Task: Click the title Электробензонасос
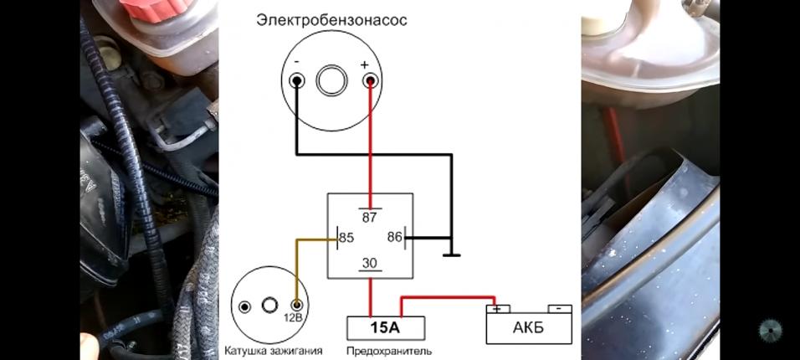(x=332, y=20)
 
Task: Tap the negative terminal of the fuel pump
(x=296, y=81)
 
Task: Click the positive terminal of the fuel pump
(x=369, y=81)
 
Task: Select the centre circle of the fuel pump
(x=332, y=81)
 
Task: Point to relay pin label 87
(x=370, y=216)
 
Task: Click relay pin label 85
(x=346, y=238)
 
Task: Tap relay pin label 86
(x=395, y=238)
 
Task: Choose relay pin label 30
(x=370, y=265)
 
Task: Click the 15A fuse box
(x=386, y=327)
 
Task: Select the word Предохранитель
(x=389, y=351)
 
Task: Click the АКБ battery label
(x=528, y=327)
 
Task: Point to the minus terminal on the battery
(x=558, y=308)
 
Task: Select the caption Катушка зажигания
(x=273, y=351)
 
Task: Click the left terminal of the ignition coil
(x=244, y=306)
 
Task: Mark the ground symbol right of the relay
(x=451, y=255)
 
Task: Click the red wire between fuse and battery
(x=444, y=296)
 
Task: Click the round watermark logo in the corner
(x=770, y=331)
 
